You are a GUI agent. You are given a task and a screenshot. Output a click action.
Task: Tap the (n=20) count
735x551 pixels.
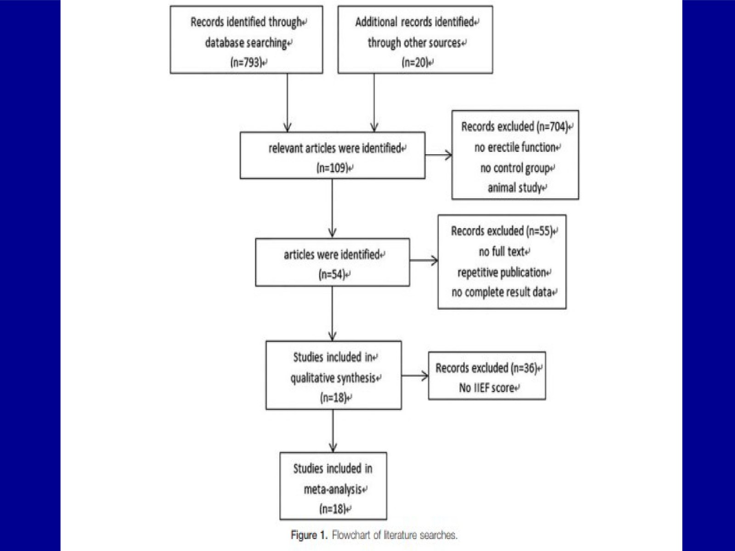click(x=415, y=62)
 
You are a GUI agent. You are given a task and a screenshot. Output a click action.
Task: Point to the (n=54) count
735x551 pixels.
click(x=332, y=274)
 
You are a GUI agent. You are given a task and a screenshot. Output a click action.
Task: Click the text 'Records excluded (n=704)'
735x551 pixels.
click(x=514, y=126)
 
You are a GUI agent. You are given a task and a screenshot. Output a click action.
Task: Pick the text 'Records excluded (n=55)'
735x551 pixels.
click(x=502, y=231)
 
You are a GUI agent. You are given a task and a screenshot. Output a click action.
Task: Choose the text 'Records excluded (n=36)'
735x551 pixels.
click(x=486, y=368)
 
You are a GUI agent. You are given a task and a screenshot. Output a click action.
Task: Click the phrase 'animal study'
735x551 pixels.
click(x=514, y=188)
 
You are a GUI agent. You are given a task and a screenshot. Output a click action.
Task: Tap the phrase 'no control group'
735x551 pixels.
click(x=515, y=168)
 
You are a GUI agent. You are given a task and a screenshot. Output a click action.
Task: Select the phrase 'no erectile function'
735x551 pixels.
click(x=515, y=147)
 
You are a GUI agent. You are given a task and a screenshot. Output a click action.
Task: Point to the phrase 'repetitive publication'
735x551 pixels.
click(x=502, y=272)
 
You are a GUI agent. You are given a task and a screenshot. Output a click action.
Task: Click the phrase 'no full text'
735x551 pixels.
click(x=502, y=251)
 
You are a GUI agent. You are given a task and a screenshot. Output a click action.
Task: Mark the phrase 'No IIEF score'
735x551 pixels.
click(x=486, y=388)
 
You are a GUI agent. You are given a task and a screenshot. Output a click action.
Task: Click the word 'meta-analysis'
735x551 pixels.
click(x=333, y=489)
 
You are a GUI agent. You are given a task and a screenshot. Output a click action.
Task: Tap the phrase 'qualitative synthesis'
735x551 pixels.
click(x=333, y=378)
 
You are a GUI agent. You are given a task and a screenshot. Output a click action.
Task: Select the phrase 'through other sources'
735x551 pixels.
click(x=414, y=43)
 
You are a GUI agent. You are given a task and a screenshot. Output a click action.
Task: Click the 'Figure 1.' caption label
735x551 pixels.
click(x=309, y=535)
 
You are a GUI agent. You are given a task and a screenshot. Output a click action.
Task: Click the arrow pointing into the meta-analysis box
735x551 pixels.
click(x=333, y=431)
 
